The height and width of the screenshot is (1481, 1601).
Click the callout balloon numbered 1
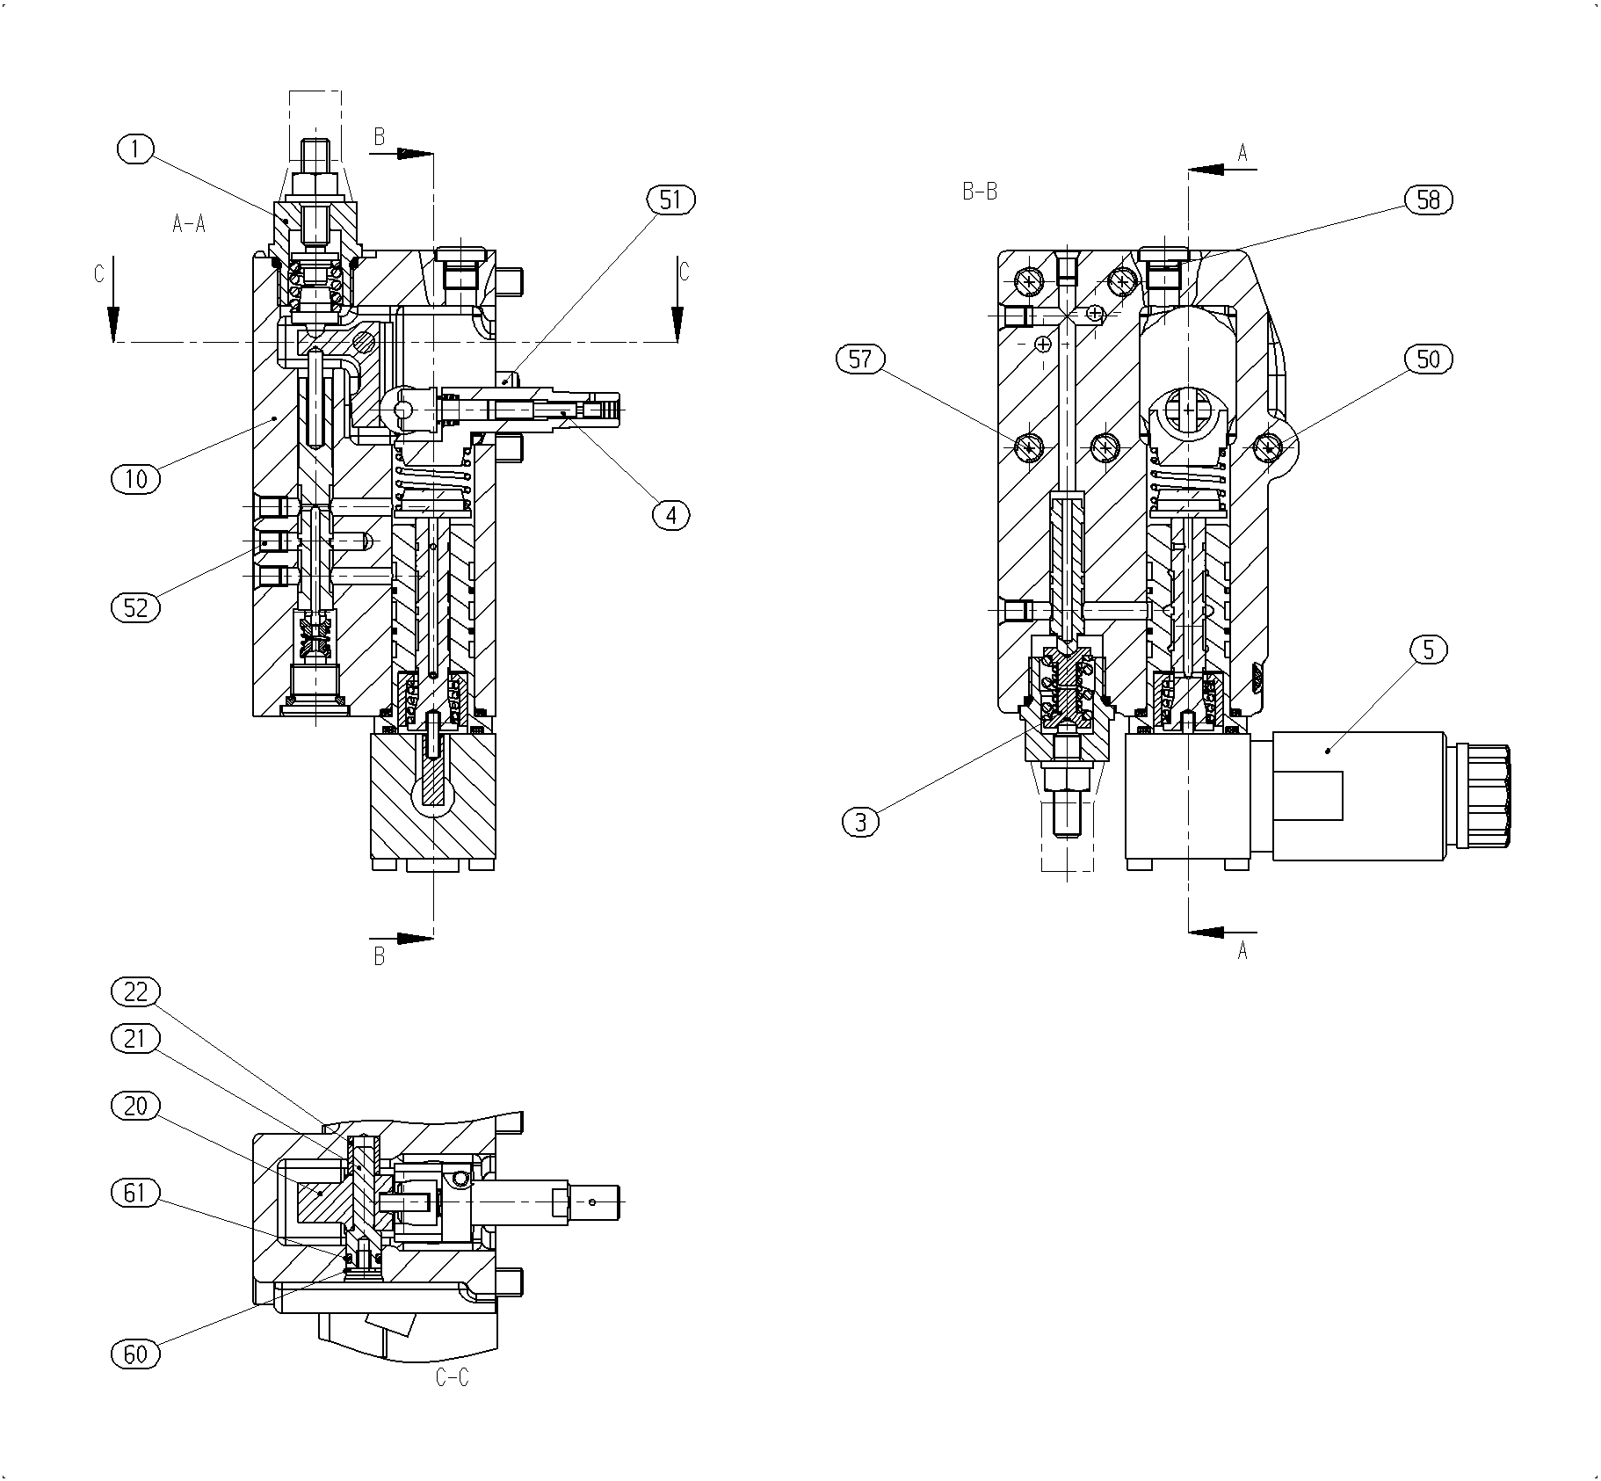point(135,149)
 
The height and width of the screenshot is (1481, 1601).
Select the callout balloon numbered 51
point(670,200)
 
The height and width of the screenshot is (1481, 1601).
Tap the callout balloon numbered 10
point(136,479)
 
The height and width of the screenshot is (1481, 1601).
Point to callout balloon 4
point(671,515)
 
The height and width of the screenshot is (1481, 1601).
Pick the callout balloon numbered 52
point(136,607)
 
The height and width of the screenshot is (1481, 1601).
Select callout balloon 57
point(860,359)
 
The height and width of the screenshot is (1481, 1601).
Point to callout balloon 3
point(860,822)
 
